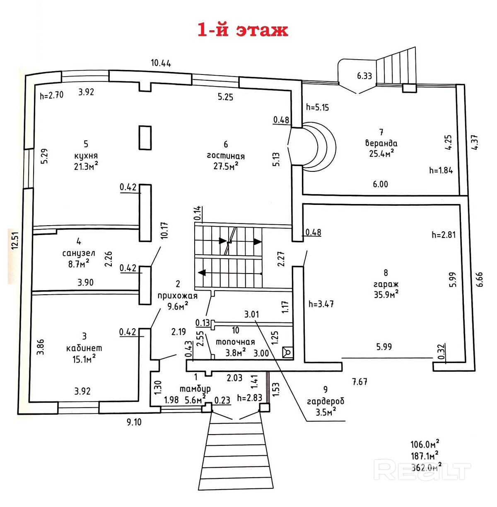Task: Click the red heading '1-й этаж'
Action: point(243,30)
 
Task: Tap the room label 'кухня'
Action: point(86,155)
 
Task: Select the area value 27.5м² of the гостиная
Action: point(226,166)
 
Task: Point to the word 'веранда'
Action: point(381,143)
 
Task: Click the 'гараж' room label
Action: point(386,285)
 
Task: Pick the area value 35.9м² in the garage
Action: point(386,294)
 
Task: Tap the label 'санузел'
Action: point(79,253)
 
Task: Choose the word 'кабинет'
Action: point(84,348)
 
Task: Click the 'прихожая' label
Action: point(178,296)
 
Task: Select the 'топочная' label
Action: point(235,342)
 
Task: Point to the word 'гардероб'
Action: point(326,401)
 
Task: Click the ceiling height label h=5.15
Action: point(317,107)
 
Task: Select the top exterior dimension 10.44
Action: point(161,63)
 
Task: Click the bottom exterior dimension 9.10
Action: point(134,422)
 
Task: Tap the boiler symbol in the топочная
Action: point(288,352)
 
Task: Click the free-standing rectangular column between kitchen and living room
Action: point(145,138)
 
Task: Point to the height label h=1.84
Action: point(441,170)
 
